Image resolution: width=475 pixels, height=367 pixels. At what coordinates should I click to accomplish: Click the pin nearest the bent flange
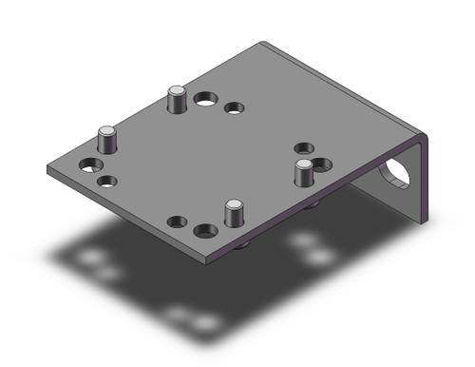[303, 174]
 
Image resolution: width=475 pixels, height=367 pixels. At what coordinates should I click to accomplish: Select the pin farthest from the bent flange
[107, 140]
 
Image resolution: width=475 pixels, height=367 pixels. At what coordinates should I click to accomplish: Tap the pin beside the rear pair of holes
[176, 99]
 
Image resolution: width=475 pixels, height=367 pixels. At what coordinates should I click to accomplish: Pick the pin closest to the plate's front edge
[232, 212]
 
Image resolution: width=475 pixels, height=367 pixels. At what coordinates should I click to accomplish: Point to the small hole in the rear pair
[234, 107]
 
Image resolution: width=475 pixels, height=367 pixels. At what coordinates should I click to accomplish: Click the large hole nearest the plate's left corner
[90, 164]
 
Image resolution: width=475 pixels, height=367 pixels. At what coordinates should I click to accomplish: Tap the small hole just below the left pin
[107, 180]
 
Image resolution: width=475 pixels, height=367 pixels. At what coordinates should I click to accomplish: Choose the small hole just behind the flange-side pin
[304, 147]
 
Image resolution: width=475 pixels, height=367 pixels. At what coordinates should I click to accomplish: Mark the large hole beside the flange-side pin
[323, 164]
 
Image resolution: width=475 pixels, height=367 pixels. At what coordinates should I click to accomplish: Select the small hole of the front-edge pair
[177, 222]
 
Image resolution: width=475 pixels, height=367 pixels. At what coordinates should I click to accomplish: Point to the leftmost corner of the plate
[47, 169]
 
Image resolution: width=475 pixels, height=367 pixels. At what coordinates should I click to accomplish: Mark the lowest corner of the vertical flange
[422, 223]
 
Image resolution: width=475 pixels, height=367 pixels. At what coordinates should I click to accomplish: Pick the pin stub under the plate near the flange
[312, 203]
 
